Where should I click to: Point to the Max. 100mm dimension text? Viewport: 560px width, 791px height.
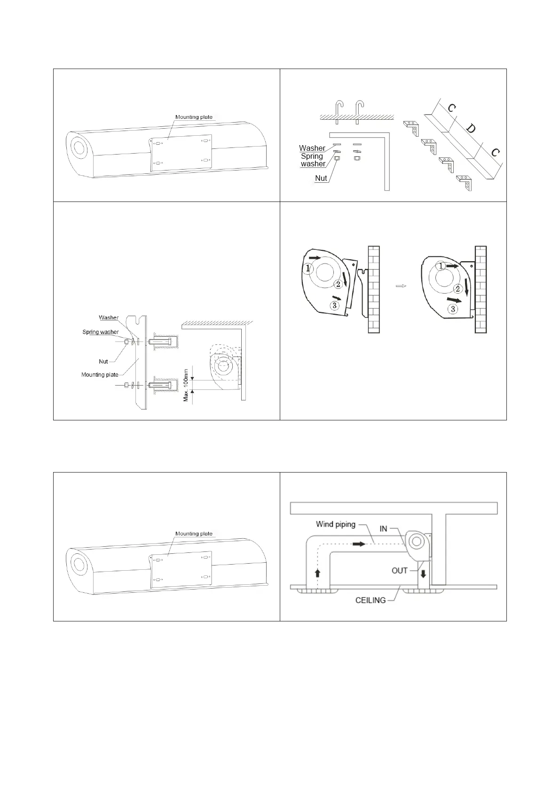(x=186, y=384)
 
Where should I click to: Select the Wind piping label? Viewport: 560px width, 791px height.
(x=335, y=524)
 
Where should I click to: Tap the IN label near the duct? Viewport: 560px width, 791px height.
(x=383, y=529)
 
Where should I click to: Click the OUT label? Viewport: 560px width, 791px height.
(x=399, y=571)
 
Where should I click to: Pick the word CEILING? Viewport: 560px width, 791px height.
(x=371, y=600)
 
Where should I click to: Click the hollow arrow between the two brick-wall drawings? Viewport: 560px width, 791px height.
(x=401, y=286)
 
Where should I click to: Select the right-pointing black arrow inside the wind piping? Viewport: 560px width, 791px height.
(x=359, y=543)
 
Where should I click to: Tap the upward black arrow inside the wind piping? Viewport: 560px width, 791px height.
(x=318, y=573)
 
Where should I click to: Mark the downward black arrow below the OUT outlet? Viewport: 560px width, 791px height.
(x=423, y=574)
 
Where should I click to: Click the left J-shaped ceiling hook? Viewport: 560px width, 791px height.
(x=339, y=110)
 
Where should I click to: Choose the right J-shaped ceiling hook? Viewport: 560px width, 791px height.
(x=359, y=110)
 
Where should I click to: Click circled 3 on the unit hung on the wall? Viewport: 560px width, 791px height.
(x=452, y=309)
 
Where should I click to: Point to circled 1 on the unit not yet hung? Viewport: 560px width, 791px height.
(x=308, y=268)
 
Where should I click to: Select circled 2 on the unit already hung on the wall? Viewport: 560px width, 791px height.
(x=457, y=289)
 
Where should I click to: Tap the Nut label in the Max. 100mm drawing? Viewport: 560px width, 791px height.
(x=103, y=362)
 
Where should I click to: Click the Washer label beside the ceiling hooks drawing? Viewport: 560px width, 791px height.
(x=312, y=148)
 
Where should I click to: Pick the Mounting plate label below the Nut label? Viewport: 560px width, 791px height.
(x=100, y=375)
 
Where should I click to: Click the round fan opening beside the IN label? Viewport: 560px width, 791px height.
(x=416, y=542)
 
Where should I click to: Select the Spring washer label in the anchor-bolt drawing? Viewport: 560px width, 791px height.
(x=101, y=332)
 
